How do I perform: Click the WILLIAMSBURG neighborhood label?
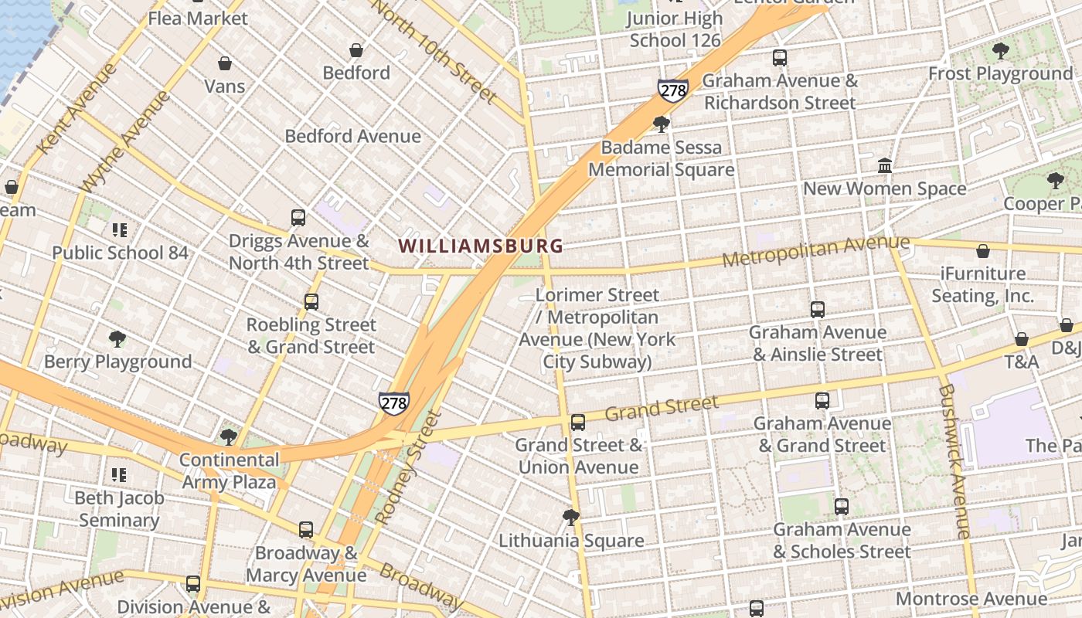[481, 246]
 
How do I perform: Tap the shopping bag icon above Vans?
[225, 63]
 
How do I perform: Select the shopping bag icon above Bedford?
[356, 50]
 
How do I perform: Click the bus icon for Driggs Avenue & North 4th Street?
[298, 218]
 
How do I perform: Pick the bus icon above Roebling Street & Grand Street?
[311, 302]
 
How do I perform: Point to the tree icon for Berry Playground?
[117, 338]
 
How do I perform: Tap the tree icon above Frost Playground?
[1001, 51]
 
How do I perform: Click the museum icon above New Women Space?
[885, 166]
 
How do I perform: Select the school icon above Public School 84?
[119, 229]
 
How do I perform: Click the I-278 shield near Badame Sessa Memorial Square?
[673, 90]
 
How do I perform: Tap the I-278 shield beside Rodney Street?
[393, 402]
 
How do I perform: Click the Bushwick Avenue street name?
[954, 460]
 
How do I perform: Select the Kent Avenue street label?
[76, 107]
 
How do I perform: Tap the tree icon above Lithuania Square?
[571, 517]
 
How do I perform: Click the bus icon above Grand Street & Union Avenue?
[578, 423]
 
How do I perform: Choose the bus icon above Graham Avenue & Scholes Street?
[842, 507]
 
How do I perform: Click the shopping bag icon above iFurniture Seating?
[983, 251]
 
